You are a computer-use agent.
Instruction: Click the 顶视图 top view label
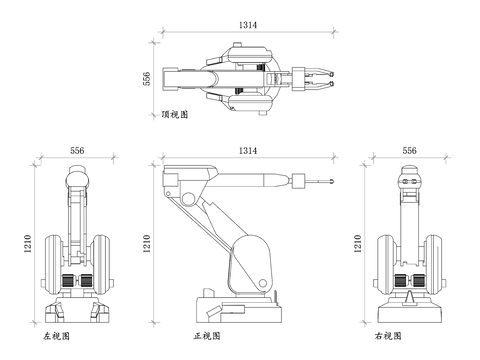coord(175,114)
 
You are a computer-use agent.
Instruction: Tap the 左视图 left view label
coord(56,336)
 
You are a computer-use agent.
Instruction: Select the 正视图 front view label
coord(207,336)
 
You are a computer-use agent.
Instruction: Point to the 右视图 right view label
coord(388,336)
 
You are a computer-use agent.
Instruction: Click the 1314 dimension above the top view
coord(248,25)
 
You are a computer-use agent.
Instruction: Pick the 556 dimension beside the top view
coord(147,79)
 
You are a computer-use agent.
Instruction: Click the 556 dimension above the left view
coord(77,151)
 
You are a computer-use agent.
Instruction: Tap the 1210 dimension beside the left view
coord(28,244)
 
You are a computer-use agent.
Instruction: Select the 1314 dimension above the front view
coord(248,151)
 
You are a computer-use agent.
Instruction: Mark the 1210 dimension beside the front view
coord(147,244)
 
